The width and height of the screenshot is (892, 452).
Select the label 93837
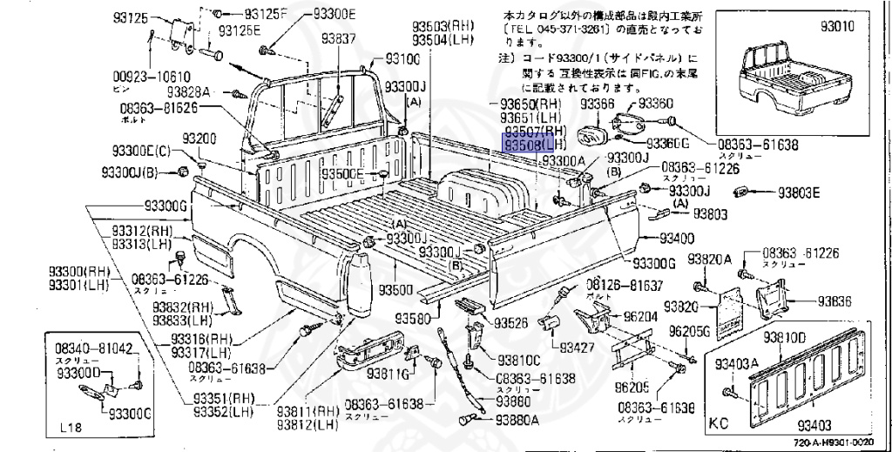pos(338,39)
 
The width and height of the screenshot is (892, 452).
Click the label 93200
pos(199,139)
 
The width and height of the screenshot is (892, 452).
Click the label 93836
pos(834,301)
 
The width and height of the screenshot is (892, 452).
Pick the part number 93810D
pos(784,337)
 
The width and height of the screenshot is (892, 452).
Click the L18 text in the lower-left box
pos(74,428)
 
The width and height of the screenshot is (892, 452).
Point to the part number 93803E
pos(799,193)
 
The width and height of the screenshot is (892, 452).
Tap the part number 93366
pos(598,104)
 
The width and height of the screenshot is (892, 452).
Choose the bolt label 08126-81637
pos(624,286)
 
